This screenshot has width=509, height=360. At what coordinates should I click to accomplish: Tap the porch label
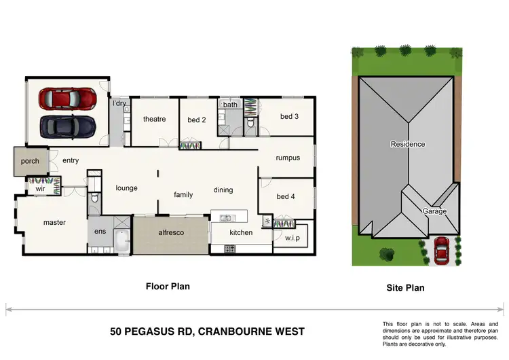click(x=30, y=161)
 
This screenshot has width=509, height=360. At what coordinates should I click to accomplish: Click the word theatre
click(x=154, y=120)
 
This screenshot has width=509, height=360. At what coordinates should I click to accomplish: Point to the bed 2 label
click(x=196, y=120)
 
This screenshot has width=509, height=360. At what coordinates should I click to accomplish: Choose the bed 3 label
click(x=289, y=116)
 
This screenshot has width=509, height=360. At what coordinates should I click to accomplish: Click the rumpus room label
click(x=288, y=158)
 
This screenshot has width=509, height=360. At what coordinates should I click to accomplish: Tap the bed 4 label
click(x=286, y=197)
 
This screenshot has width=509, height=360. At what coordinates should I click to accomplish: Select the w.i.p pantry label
click(x=293, y=238)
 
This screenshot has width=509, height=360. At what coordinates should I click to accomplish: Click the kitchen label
click(x=241, y=233)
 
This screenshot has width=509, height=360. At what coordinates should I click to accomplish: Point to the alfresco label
click(x=171, y=233)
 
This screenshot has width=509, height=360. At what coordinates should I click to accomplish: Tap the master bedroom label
click(x=54, y=222)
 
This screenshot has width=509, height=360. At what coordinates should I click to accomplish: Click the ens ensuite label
click(x=100, y=232)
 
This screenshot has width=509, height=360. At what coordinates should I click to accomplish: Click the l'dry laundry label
click(x=119, y=103)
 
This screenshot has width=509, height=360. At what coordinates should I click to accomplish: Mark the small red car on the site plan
click(x=442, y=251)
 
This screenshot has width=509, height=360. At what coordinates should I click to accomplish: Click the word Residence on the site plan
click(x=407, y=144)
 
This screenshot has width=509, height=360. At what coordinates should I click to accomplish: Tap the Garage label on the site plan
click(x=435, y=211)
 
